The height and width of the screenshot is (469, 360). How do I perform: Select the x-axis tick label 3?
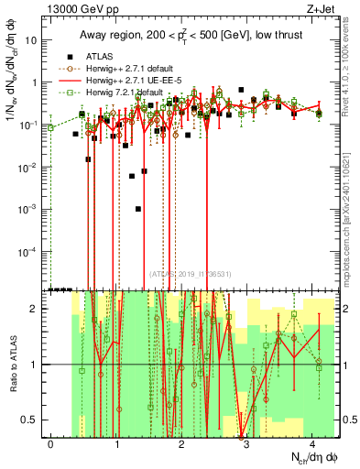tap(246, 443)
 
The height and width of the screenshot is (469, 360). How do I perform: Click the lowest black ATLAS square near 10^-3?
tap(138, 209)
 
